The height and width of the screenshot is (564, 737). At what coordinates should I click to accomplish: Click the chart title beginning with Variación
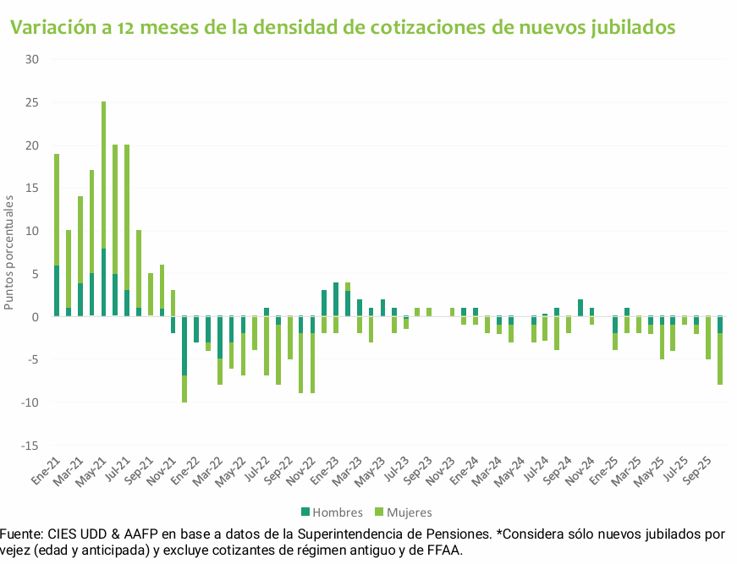pos(342,27)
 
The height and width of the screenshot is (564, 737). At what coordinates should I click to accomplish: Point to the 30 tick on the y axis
pos(32,59)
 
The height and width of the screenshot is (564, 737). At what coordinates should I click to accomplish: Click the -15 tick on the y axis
pos(30,446)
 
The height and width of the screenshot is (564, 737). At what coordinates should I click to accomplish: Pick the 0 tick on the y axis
pos(36,317)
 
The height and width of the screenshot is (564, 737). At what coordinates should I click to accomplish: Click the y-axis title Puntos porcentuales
pos(9,252)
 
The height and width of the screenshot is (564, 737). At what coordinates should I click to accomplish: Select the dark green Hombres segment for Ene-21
pos(57,291)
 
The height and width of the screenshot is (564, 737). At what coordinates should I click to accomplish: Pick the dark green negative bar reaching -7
pos(184,346)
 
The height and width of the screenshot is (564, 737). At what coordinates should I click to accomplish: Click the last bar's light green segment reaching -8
pos(720,359)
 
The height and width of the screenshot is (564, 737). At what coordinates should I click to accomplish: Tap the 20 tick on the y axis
pos(32,145)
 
